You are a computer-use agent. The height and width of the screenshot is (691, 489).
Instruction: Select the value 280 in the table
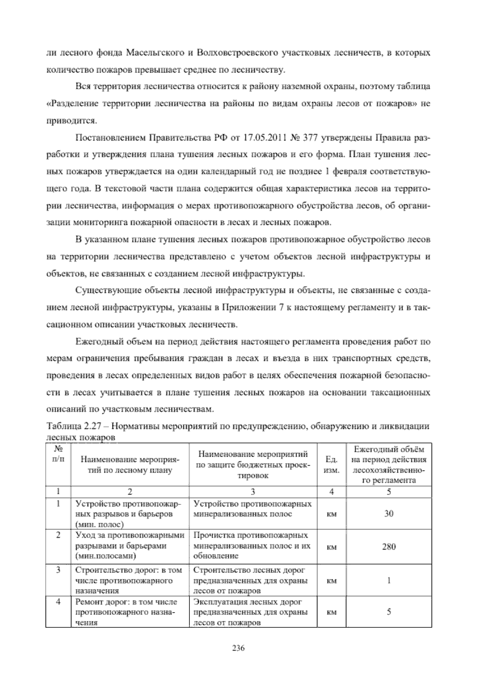click(x=389, y=547)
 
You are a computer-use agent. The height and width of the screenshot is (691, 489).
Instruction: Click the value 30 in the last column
click(x=389, y=513)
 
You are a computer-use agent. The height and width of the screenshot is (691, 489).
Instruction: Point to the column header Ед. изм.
click(x=332, y=465)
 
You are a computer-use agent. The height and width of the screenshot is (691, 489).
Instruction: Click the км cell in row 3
click(x=332, y=581)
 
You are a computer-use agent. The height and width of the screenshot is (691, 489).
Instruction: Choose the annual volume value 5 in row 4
click(x=389, y=612)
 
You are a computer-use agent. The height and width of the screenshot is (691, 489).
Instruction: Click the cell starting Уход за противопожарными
click(x=130, y=546)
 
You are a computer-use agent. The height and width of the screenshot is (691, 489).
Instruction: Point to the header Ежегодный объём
click(x=389, y=449)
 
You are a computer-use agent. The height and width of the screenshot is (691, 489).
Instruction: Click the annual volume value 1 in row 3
click(x=389, y=581)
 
